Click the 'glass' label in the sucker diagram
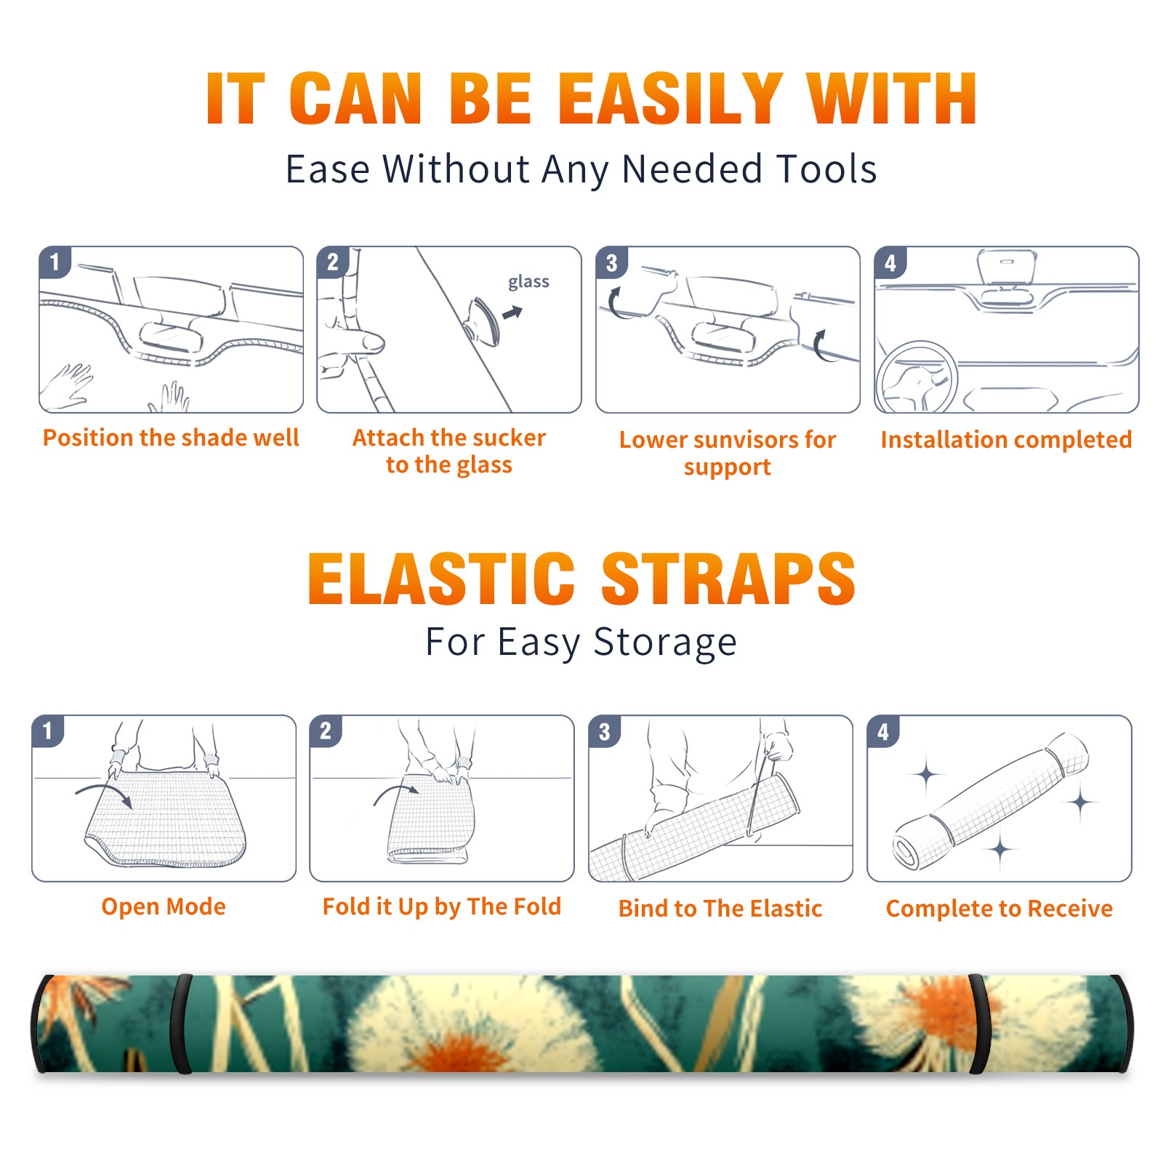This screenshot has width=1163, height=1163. tap(528, 281)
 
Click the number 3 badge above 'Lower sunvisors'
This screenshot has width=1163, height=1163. tap(612, 262)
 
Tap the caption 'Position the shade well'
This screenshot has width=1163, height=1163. tap(171, 438)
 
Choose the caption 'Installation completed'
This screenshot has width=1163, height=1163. tap(1006, 439)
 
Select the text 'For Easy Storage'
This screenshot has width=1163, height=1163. tap(581, 642)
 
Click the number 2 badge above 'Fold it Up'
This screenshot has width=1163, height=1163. tap(326, 731)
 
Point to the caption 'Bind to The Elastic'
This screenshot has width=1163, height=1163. tap(720, 908)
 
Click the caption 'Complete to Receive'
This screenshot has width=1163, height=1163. tap(999, 908)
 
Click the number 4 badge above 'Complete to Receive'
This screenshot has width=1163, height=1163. tap(883, 731)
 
